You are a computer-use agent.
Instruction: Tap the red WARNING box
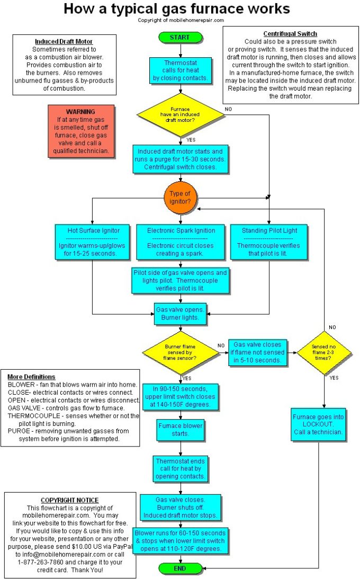(80, 131)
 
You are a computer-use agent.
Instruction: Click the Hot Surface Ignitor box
(93, 242)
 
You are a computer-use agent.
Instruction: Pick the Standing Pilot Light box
(269, 242)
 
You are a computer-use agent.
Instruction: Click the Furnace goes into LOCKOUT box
(318, 425)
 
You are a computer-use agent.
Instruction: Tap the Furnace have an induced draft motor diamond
(181, 115)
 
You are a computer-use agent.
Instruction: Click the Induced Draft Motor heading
(64, 41)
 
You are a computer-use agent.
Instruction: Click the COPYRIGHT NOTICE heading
(69, 500)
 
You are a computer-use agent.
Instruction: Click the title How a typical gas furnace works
(177, 8)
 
